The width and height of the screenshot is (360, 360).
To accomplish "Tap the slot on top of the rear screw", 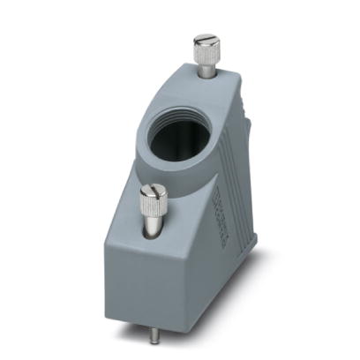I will coord(205,39).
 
